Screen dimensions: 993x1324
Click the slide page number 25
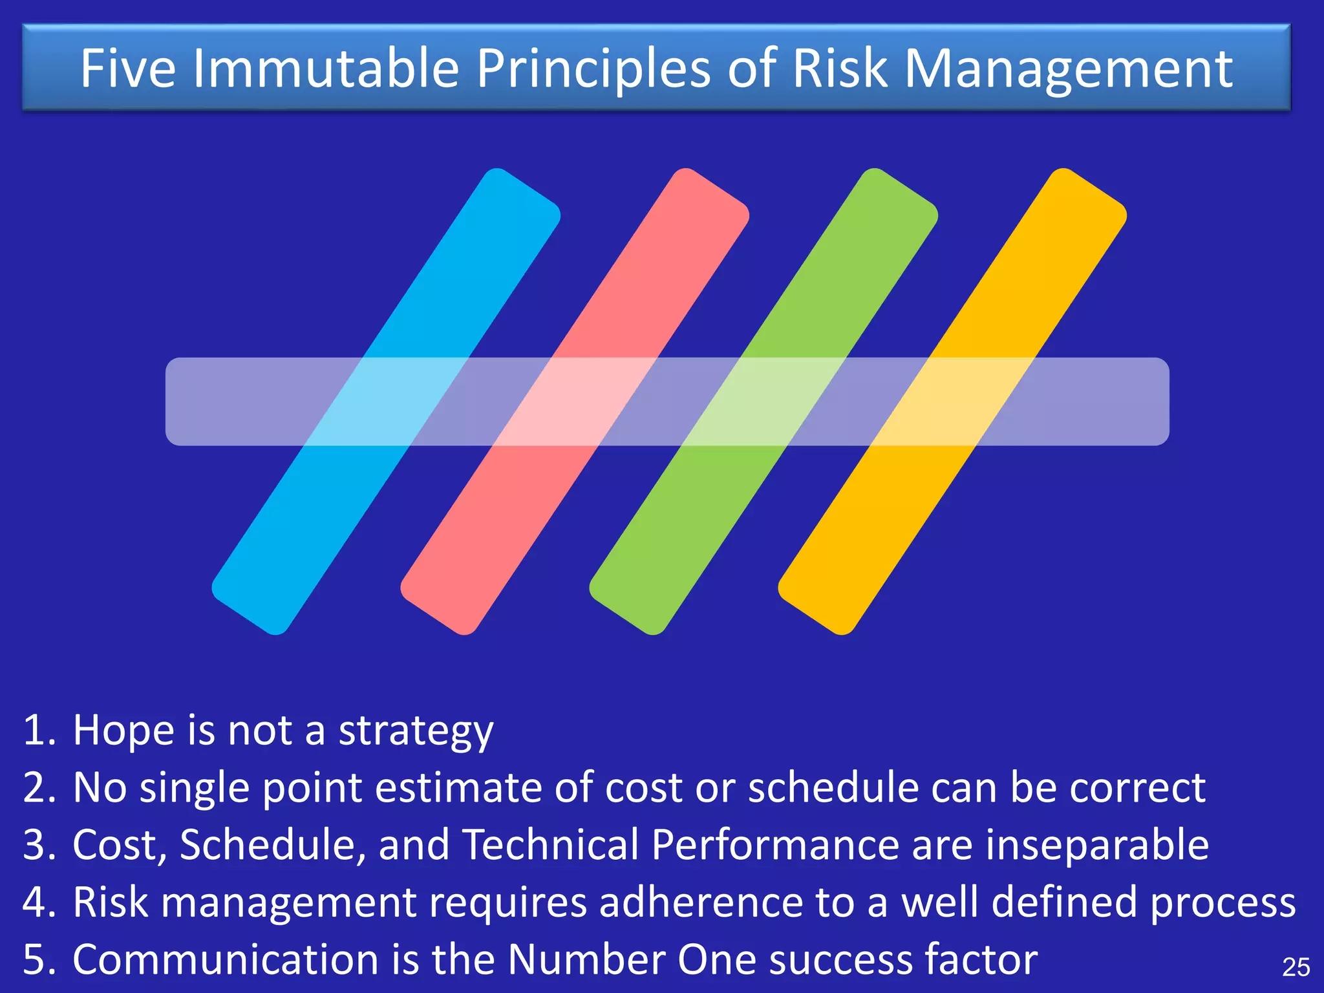pyautogui.click(x=1296, y=967)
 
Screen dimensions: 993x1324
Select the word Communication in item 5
pyautogui.click(x=225, y=959)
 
